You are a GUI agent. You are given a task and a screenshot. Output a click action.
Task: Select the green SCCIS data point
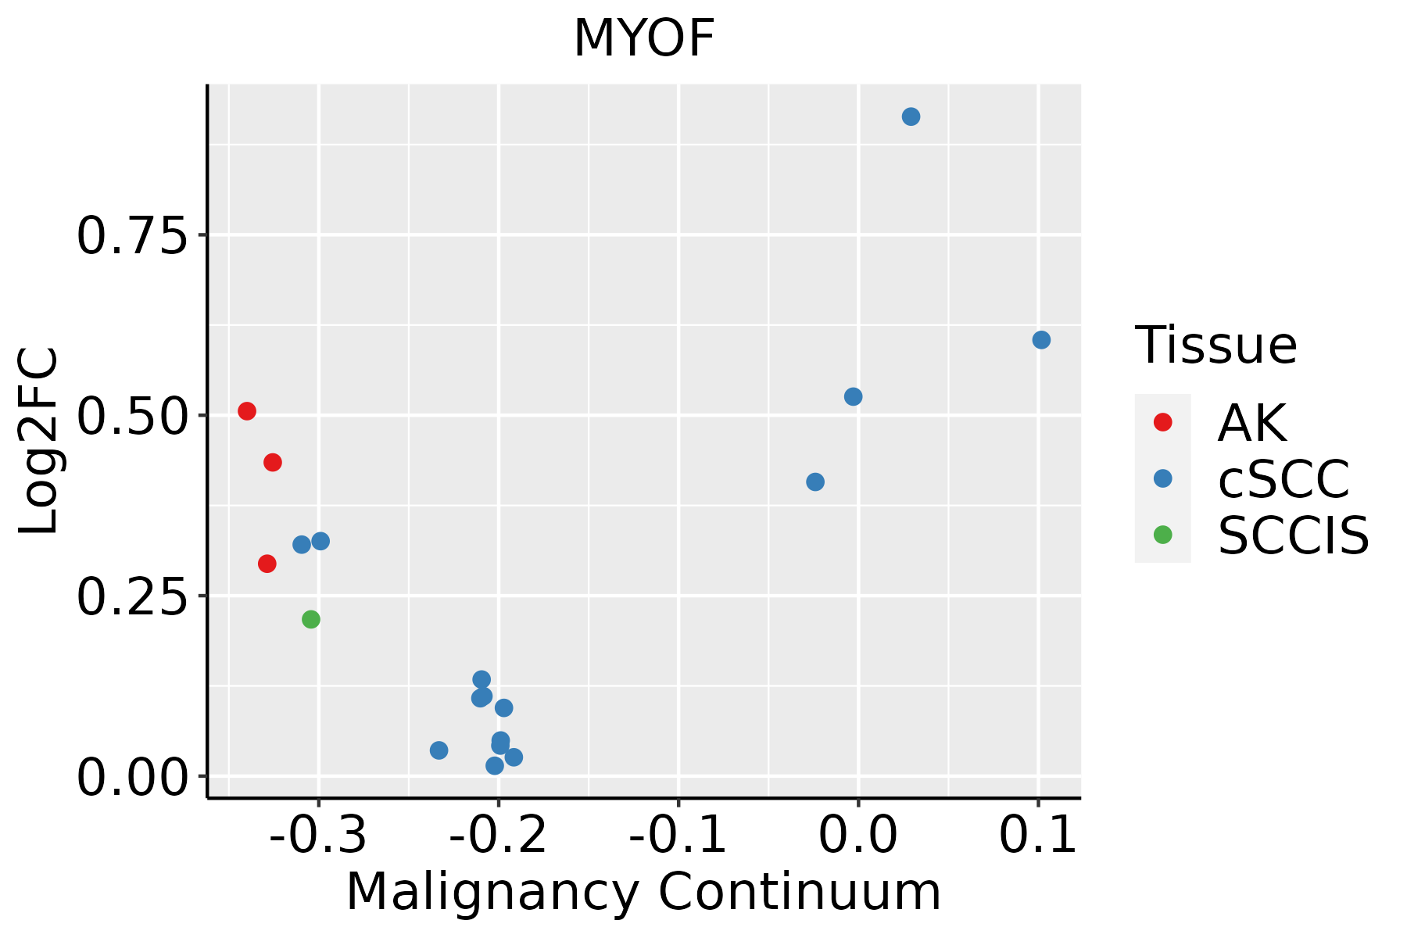click(x=311, y=619)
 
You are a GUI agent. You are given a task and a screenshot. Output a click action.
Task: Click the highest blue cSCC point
click(x=911, y=116)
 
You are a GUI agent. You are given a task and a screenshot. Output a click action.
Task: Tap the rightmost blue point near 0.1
click(x=1041, y=340)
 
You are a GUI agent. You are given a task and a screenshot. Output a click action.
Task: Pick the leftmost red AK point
click(x=247, y=411)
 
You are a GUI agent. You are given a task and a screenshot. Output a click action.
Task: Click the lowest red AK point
click(x=267, y=564)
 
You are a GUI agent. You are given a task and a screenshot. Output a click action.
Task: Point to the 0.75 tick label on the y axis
click(x=133, y=235)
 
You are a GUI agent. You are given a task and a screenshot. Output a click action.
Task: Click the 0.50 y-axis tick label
click(x=133, y=416)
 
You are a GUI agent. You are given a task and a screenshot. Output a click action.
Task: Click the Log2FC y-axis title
click(x=39, y=441)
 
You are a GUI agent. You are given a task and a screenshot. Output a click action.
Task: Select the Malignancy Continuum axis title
click(x=643, y=892)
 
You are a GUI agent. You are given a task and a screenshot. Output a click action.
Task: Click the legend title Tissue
click(x=1215, y=345)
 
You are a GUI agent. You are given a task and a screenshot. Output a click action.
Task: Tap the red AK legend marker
click(x=1162, y=422)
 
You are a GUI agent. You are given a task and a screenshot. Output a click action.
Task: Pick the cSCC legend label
click(x=1283, y=478)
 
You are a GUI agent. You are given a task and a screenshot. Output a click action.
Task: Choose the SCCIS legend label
click(x=1294, y=535)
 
